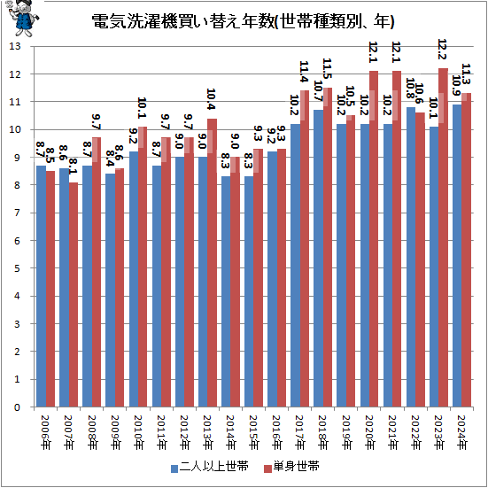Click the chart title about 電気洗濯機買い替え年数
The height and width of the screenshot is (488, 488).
pos(243,21)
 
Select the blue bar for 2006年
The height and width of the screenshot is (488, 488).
pos(41,286)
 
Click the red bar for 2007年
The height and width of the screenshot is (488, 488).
pos(74,294)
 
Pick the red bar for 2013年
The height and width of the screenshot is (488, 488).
pos(213,263)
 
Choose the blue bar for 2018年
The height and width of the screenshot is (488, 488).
pos(318,259)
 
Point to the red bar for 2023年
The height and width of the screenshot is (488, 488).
pos(443,237)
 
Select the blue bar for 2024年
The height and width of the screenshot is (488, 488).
pos(457,256)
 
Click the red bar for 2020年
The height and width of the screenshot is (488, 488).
pos(374,239)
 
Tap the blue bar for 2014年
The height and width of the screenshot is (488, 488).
pos(226,291)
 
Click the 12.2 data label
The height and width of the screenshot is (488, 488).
pos(442,50)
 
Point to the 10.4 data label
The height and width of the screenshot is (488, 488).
pos(211,99)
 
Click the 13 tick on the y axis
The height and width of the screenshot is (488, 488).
pos(15,46)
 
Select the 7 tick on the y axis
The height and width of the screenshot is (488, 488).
pos(17,213)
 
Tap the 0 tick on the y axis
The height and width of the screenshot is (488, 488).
pos(17,407)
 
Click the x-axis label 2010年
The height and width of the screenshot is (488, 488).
pos(138,432)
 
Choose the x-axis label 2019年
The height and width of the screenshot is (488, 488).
pos(346,432)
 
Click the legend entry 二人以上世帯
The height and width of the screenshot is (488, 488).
pos(210,467)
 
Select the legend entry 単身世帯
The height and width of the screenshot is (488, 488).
pos(291,467)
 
